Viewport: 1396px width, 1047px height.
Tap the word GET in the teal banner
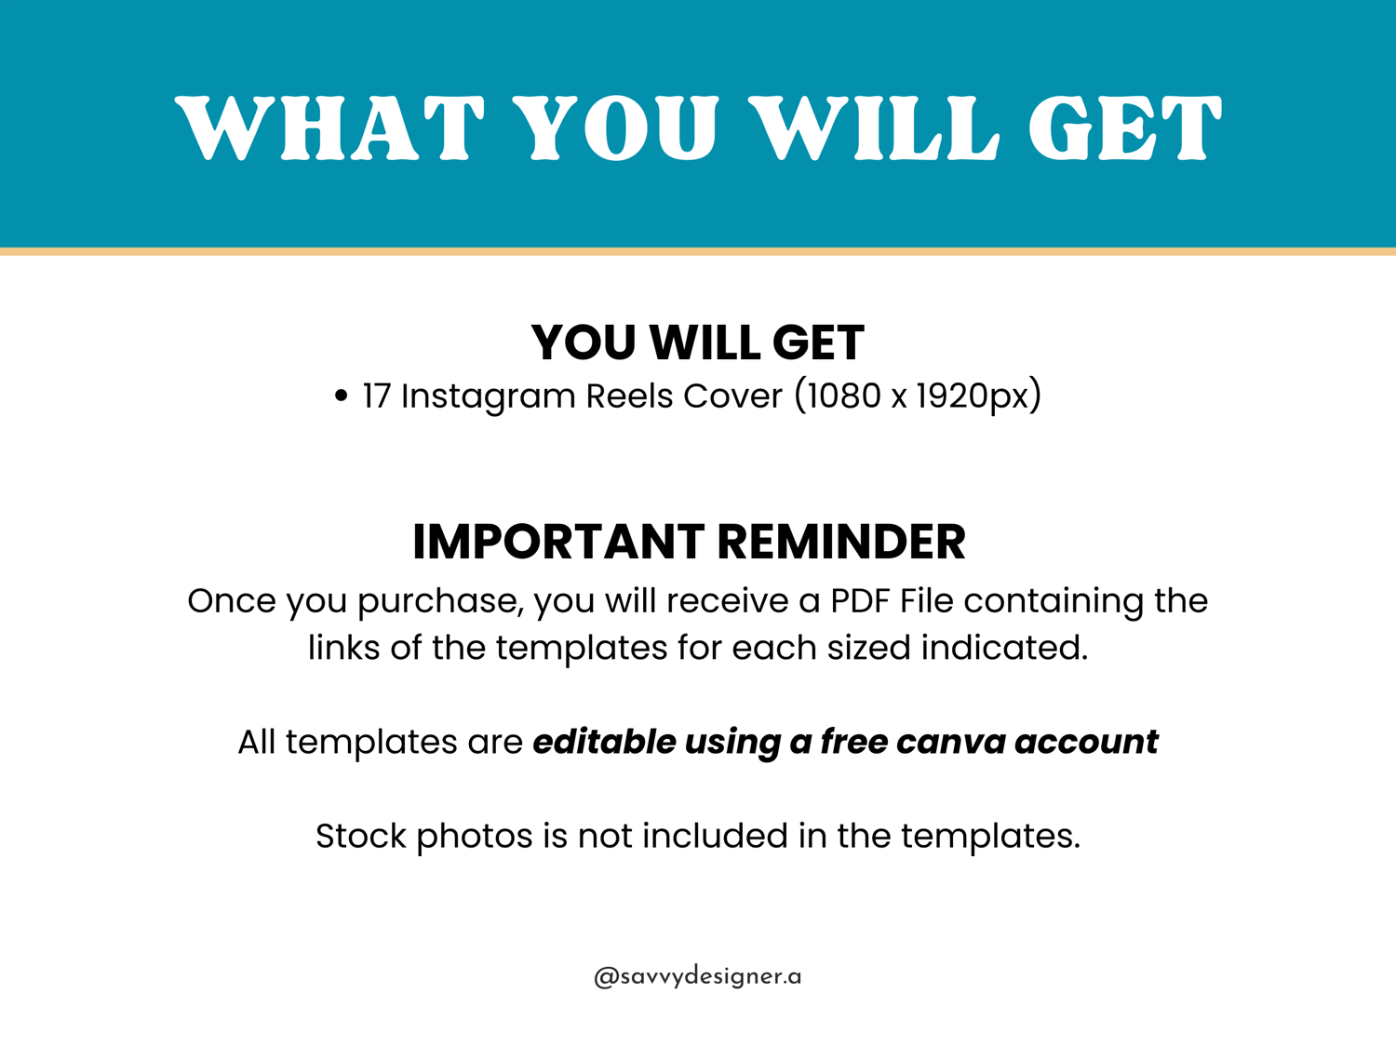point(1124,128)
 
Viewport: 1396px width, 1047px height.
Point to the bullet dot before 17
point(342,396)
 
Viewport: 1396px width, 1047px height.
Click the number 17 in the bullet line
point(376,396)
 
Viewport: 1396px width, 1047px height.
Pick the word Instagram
point(489,397)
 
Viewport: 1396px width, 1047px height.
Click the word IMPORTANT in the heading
point(558,543)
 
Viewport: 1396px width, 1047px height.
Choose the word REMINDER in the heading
point(841,543)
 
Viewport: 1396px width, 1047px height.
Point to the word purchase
point(441,602)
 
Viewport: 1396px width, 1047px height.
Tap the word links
point(344,648)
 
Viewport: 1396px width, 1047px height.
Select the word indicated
point(1005,648)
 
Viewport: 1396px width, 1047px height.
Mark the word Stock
point(360,836)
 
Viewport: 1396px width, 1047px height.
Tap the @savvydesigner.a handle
point(698,976)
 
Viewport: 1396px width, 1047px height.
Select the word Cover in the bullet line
point(732,396)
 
